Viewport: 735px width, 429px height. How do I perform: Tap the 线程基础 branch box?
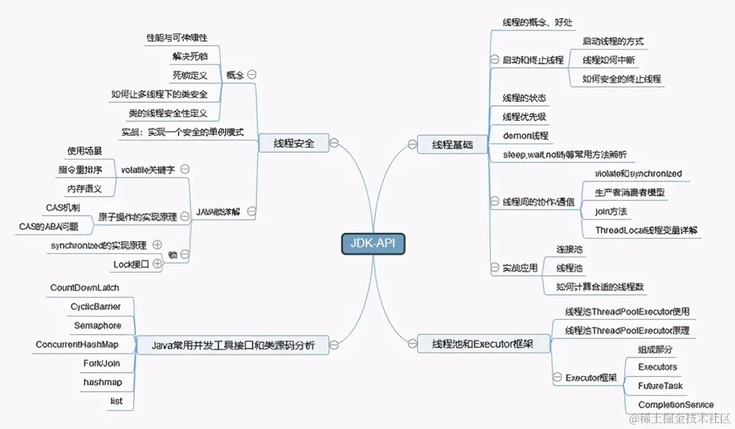coord(452,145)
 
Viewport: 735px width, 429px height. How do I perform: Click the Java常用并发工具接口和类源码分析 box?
coord(233,345)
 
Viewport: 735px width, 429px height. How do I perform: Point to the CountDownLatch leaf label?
coord(85,288)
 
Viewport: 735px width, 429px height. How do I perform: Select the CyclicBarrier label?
coord(96,307)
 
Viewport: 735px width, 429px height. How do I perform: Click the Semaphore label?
coord(98,326)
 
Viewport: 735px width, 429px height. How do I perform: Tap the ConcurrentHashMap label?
coord(77,345)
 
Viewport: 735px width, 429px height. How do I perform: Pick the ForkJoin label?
coord(101,363)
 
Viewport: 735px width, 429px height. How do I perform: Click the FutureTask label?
coord(660,386)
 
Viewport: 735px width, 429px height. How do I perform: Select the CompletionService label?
coord(676,405)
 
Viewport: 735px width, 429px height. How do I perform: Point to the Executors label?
coord(658,367)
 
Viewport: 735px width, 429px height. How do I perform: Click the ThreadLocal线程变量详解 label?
coord(646,230)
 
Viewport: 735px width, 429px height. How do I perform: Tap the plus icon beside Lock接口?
coord(157,264)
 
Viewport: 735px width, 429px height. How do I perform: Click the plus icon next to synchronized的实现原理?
coord(157,245)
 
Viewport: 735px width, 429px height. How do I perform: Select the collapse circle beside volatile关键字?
coord(185,169)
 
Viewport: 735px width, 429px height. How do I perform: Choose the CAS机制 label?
coord(63,207)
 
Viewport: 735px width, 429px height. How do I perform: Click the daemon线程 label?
coord(525,136)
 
